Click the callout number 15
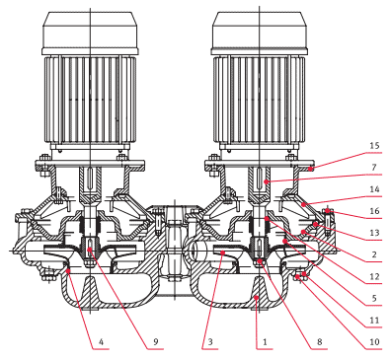[374, 146]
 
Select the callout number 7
[374, 168]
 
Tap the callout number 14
[374, 189]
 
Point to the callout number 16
[374, 211]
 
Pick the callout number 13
[374, 233]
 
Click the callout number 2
[374, 254]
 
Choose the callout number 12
[374, 276]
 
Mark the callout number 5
[374, 298]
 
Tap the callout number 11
[374, 320]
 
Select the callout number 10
[374, 342]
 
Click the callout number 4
[101, 342]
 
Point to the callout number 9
[156, 342]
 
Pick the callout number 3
[210, 342]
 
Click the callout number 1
[265, 342]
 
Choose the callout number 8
[320, 342]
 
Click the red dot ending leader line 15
[311, 169]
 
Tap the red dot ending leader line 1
[257, 298]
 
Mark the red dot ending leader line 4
[68, 270]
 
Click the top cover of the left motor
[90, 33]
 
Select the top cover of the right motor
[260, 33]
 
